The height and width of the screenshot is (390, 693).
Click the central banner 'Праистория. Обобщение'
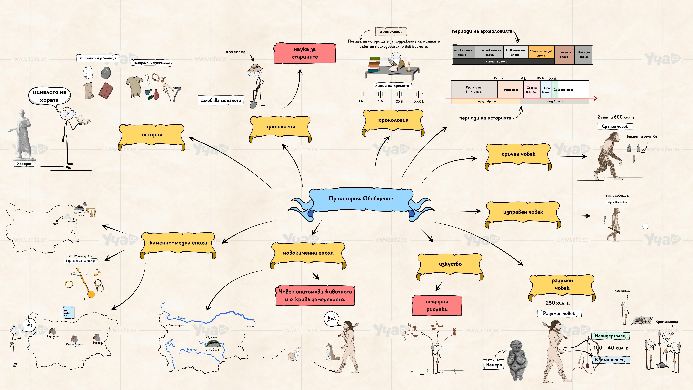pyautogui.click(x=361, y=199)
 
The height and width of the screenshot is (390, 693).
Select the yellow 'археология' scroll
pyautogui.click(x=280, y=127)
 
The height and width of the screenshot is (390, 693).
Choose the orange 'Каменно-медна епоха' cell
pyautogui.click(x=541, y=53)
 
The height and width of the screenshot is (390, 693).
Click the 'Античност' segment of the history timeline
pyautogui.click(x=511, y=90)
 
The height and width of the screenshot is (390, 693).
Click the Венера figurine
pyautogui.click(x=517, y=359)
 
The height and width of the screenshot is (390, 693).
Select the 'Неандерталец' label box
pyautogui.click(x=610, y=336)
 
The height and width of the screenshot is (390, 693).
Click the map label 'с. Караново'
pyautogui.click(x=213, y=350)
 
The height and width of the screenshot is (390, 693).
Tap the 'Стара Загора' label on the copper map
pyautogui.click(x=75, y=344)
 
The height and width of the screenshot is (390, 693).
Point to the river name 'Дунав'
pyautogui.click(x=182, y=318)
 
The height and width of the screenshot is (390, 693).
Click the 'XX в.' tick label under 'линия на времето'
pyautogui.click(x=399, y=101)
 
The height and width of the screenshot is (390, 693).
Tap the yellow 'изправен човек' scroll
pyautogui.click(x=523, y=212)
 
